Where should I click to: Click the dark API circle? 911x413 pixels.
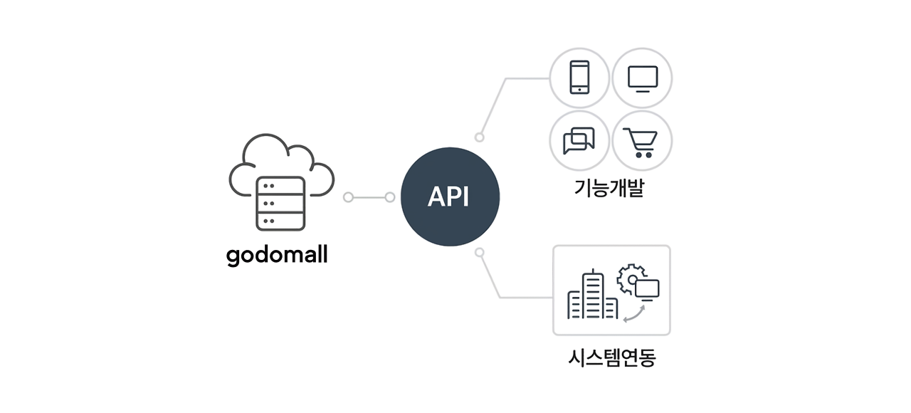(450, 197)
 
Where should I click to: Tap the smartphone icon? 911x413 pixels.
(579, 77)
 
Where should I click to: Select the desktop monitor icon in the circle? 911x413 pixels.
(642, 78)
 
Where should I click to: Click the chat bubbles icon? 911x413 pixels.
(579, 140)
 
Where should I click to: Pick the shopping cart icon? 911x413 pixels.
(641, 141)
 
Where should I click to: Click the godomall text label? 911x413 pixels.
(277, 254)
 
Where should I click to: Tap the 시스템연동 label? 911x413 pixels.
(611, 357)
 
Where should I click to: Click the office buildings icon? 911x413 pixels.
(592, 297)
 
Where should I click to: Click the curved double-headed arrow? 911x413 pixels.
(634, 314)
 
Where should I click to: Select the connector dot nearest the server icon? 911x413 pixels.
(348, 197)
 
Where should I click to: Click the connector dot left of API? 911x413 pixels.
(390, 197)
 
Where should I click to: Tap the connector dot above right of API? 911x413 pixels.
(480, 137)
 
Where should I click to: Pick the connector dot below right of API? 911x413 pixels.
(480, 252)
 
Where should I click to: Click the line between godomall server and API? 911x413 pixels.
(369, 197)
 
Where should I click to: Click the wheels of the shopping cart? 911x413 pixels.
(643, 154)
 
